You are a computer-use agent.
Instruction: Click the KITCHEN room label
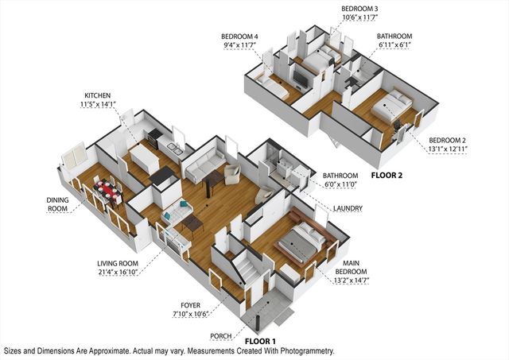[97, 95]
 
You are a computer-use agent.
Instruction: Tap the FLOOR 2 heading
[387, 176]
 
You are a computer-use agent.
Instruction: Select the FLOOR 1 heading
[260, 341]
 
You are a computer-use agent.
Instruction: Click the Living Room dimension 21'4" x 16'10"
[118, 272]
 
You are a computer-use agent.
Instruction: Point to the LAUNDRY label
[348, 208]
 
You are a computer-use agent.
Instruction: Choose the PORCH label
[221, 336]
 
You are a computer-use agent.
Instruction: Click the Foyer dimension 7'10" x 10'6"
[190, 314]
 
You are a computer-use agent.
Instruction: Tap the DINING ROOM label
[57, 204]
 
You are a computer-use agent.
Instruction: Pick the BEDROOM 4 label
[239, 37]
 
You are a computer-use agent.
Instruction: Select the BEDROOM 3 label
[359, 9]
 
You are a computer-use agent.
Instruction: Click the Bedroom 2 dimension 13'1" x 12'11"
[447, 149]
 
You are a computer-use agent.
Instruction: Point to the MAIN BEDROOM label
[351, 267]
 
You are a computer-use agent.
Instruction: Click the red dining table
[107, 189]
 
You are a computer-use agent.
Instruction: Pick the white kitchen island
[144, 159]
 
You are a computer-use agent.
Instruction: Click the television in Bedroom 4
[300, 79]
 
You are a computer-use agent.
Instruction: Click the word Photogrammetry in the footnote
[308, 351]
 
